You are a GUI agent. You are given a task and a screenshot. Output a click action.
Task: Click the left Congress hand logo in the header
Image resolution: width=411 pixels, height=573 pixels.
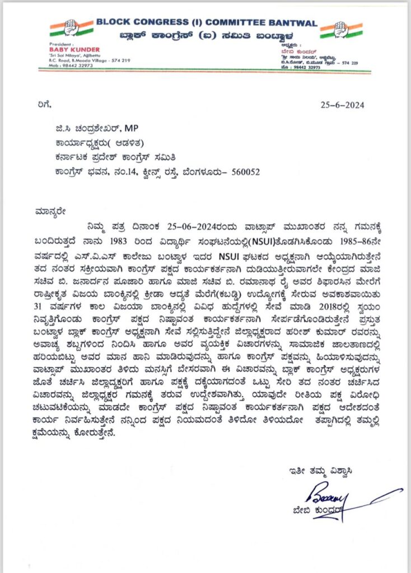click(x=71, y=28)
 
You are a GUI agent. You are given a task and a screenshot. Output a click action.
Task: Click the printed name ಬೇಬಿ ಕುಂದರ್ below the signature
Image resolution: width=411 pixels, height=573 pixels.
click(x=333, y=510)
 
